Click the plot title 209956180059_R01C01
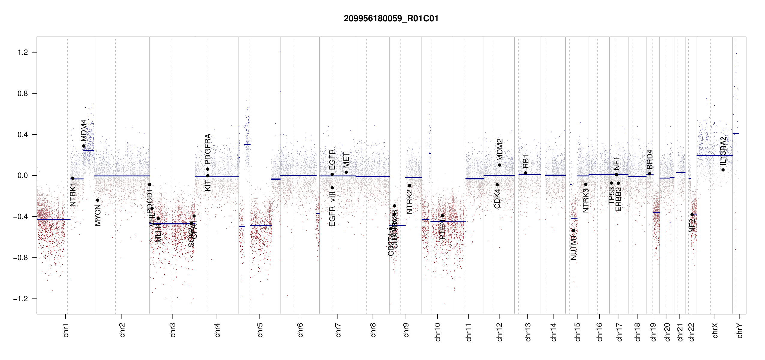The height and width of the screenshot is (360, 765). pos(391,19)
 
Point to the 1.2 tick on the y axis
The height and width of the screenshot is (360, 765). pos(22,52)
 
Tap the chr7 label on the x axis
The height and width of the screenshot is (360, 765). pos(338,330)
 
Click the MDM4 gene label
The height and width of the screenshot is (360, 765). pos(84,130)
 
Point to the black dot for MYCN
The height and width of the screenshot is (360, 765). pos(97,200)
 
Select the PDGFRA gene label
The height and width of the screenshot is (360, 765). pos(208,149)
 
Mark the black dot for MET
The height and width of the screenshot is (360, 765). pos(346,172)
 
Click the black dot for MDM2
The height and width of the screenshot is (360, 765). pos(499,165)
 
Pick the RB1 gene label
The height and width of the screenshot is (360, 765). pos(526,161)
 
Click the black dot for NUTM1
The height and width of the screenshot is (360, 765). pos(573,230)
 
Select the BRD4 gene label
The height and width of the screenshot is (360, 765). pos(650,159)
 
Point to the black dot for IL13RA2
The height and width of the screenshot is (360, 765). pos(723,170)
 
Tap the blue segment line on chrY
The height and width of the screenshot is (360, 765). pos(736,133)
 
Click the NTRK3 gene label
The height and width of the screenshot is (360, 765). pos(586,200)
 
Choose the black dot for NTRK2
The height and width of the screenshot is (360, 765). pos(409,186)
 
